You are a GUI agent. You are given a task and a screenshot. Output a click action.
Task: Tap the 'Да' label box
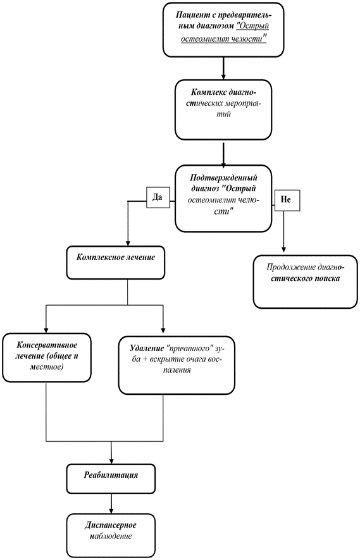click(158, 197)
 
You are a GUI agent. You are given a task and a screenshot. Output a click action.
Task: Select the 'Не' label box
click(287, 200)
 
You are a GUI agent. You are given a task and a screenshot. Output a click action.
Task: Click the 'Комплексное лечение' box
click(116, 263)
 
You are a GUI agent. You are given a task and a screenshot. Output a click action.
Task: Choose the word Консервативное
click(47, 345)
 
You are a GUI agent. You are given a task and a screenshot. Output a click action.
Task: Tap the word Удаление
click(147, 347)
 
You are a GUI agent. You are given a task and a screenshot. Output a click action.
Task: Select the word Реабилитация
click(111, 475)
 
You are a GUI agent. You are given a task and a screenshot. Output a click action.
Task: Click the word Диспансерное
click(111, 525)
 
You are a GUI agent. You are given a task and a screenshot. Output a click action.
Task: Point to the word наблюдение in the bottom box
click(111, 536)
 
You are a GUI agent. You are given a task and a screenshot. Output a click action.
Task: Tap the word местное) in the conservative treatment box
click(47, 367)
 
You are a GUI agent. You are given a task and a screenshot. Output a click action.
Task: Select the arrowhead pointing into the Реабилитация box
click(111, 461)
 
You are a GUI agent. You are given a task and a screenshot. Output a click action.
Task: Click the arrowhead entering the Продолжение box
click(284, 249)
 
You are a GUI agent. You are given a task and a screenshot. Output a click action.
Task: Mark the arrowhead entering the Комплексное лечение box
click(128, 243)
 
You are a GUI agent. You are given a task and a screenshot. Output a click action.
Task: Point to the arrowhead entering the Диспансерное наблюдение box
click(111, 511)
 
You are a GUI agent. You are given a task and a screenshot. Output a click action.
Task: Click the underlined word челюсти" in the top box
click(249, 38)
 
